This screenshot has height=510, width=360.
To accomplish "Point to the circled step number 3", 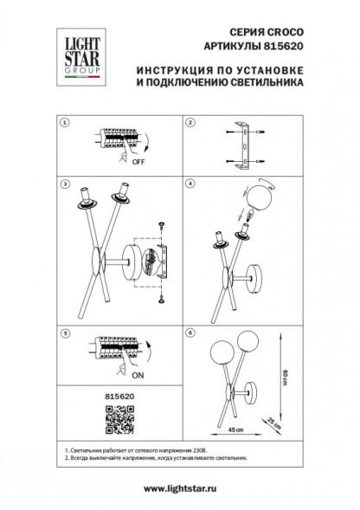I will [62, 184].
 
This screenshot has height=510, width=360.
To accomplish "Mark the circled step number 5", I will [62, 332].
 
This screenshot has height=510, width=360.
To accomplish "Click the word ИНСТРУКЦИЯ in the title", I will [174, 68].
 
